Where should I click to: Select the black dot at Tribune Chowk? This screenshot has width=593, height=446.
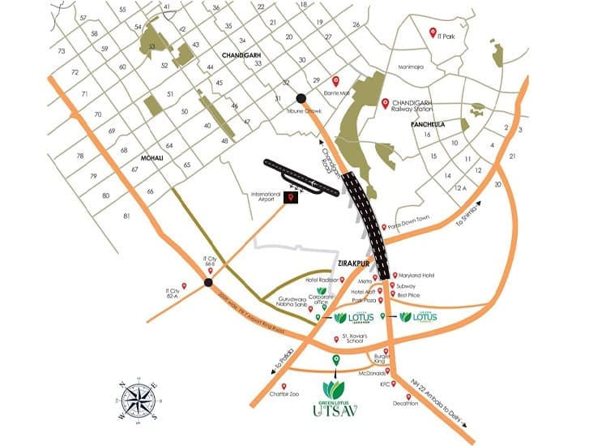(301, 98)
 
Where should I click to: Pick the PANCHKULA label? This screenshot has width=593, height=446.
(436, 128)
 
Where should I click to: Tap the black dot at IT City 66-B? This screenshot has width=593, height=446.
(208, 282)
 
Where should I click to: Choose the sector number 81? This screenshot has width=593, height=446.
(126, 216)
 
